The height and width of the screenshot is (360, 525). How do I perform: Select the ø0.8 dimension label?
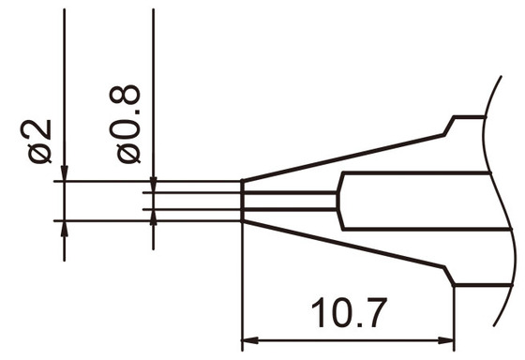(128, 123)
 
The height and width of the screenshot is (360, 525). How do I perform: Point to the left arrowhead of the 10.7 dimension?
(248, 339)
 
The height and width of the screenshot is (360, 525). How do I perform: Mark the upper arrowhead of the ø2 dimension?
(64, 174)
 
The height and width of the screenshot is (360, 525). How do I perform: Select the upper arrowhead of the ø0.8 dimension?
(152, 188)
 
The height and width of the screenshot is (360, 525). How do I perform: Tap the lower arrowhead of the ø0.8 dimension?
(152, 214)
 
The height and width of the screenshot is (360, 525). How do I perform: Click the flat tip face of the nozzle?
(243, 201)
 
